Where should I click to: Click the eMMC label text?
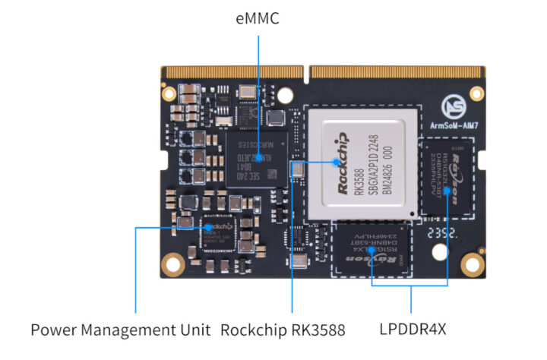point(258,17)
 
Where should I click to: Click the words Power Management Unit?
point(120,330)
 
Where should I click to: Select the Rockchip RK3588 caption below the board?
point(283,330)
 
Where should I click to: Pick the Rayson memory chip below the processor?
point(373,251)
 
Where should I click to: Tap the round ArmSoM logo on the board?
point(455,104)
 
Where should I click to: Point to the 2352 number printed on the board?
point(444,235)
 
